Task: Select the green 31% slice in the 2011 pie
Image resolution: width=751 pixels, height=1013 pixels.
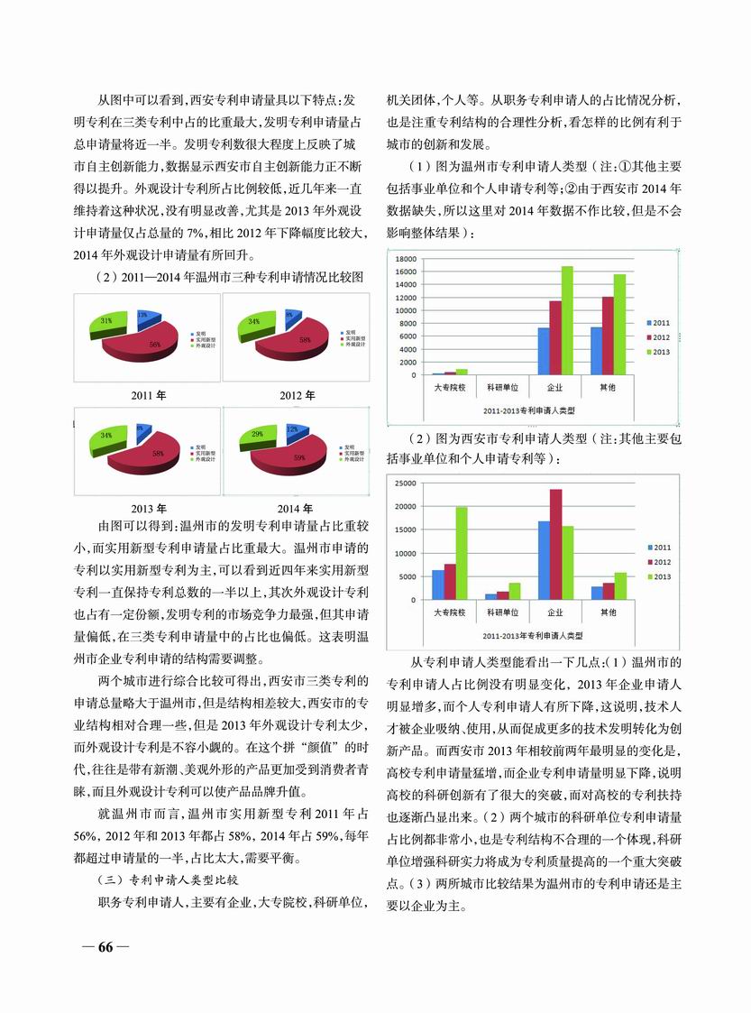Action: click(109, 322)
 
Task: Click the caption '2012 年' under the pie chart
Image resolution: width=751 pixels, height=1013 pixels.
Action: click(297, 395)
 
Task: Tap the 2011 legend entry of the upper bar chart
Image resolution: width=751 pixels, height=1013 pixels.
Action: click(660, 322)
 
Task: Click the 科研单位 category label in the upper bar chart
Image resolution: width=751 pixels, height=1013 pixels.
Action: click(501, 387)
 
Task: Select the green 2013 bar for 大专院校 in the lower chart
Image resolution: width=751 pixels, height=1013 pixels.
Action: click(462, 553)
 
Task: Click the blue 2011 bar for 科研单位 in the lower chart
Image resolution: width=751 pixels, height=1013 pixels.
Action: click(490, 596)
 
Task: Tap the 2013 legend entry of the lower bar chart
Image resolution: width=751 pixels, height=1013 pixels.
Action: click(660, 576)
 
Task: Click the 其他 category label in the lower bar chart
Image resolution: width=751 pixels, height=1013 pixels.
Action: click(608, 612)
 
